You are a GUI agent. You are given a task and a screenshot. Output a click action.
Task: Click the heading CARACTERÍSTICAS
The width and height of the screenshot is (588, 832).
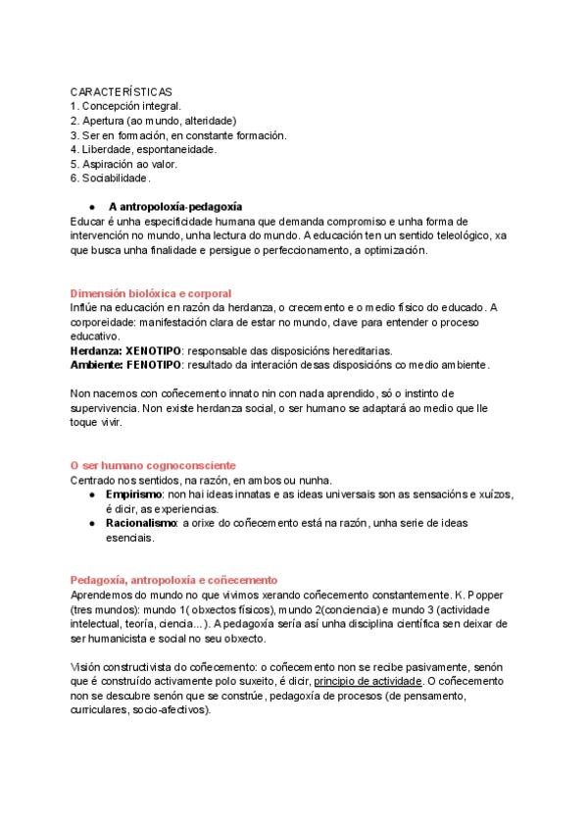tap(122, 90)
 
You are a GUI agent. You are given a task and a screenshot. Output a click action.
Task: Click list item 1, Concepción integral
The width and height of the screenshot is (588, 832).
tap(124, 105)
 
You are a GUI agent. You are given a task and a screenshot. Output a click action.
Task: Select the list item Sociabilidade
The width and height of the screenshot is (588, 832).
tap(111, 179)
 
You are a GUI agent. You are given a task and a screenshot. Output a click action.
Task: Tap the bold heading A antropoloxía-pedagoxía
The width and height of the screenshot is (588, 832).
tap(175, 207)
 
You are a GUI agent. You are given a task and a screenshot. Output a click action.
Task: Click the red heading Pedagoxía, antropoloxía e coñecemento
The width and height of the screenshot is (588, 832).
tap(174, 581)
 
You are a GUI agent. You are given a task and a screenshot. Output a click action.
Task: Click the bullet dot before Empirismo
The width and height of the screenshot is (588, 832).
tap(91, 495)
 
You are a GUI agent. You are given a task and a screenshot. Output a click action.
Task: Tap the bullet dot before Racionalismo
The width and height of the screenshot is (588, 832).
tap(91, 524)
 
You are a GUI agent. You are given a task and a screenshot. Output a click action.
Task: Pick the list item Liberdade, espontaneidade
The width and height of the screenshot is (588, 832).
tap(143, 149)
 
